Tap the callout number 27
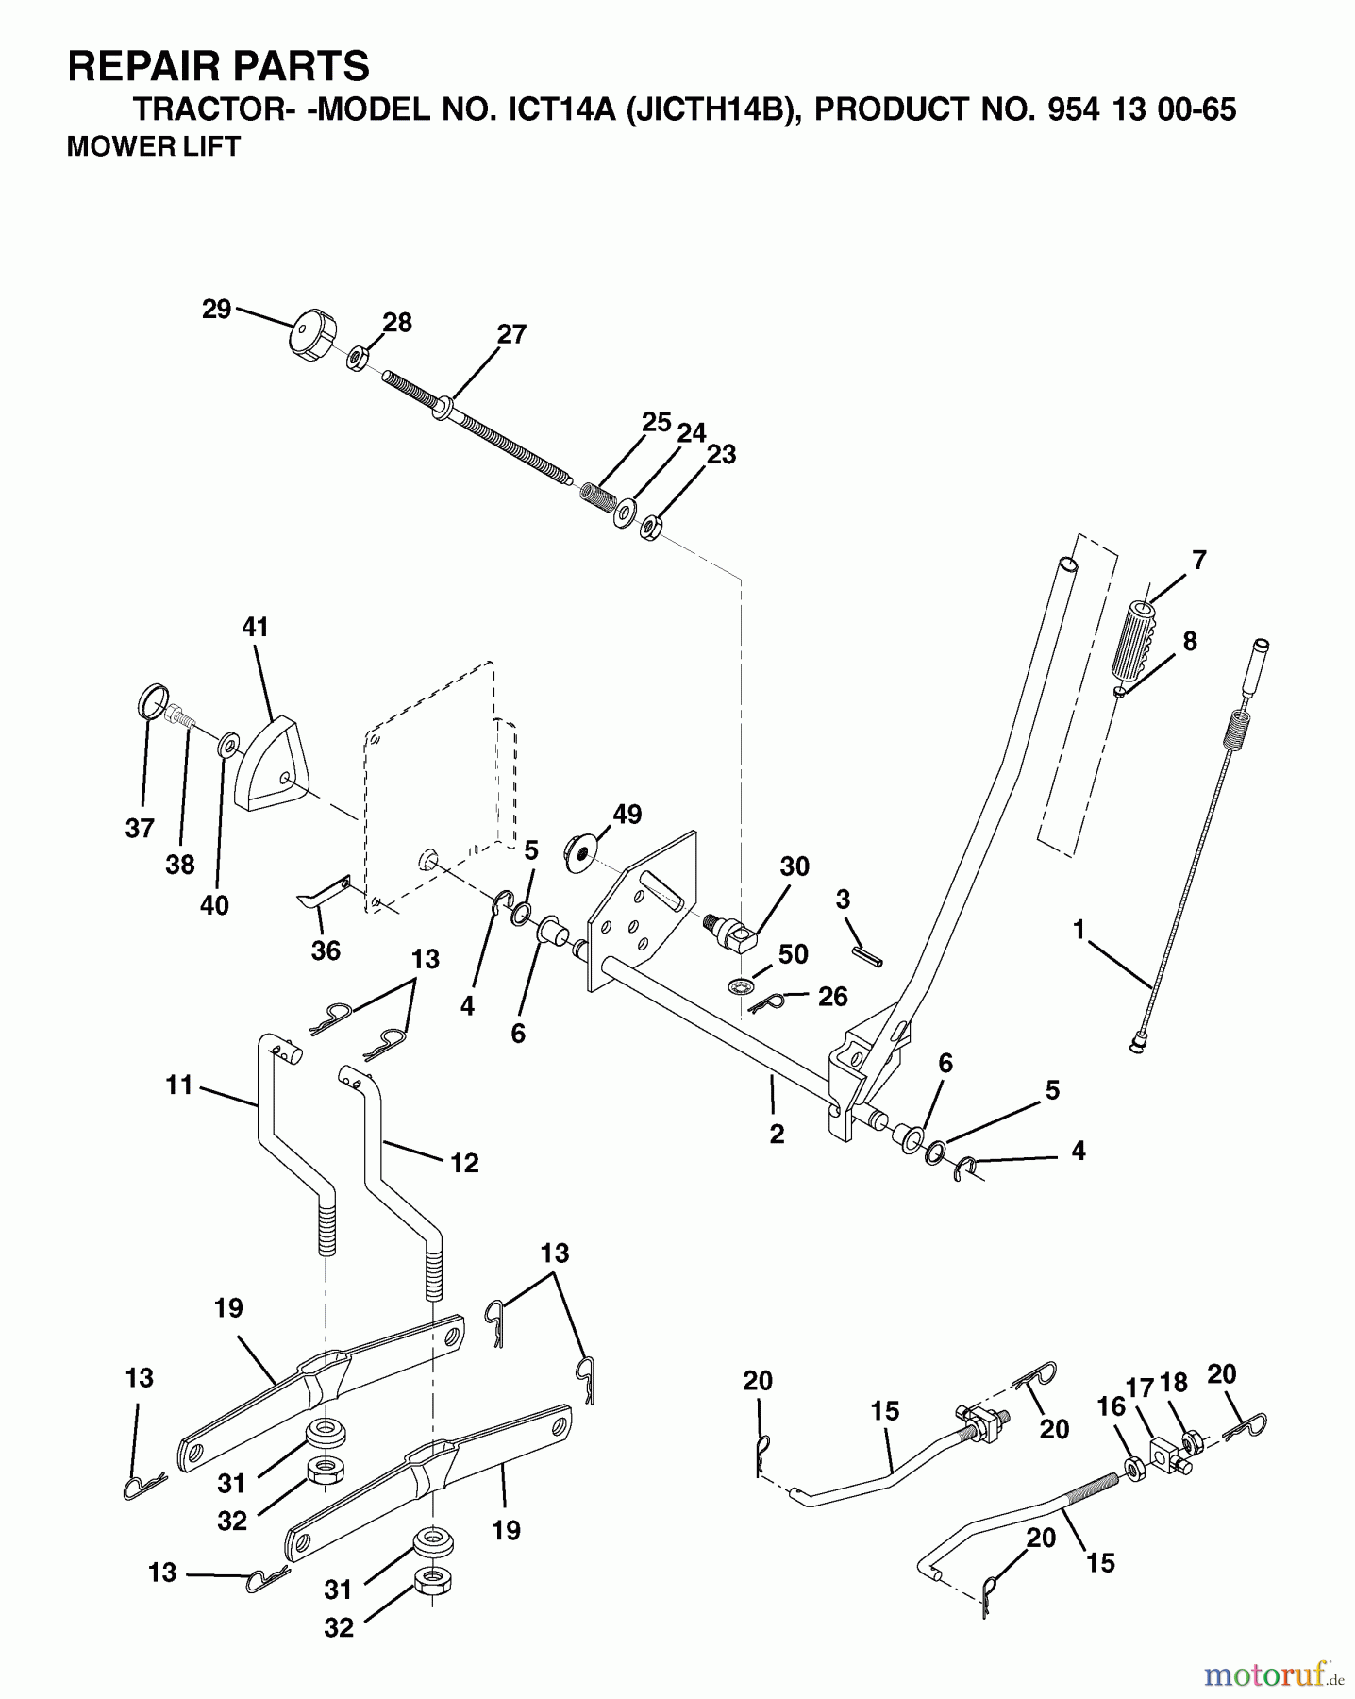point(511,335)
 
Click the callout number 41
point(256,628)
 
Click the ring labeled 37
point(153,702)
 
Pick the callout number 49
point(627,815)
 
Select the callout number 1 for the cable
point(1078,931)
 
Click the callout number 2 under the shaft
point(777,1134)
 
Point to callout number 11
point(178,1085)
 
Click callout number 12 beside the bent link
point(464,1163)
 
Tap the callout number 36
point(326,950)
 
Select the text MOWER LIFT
point(154,146)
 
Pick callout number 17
point(1140,1388)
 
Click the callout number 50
point(793,954)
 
